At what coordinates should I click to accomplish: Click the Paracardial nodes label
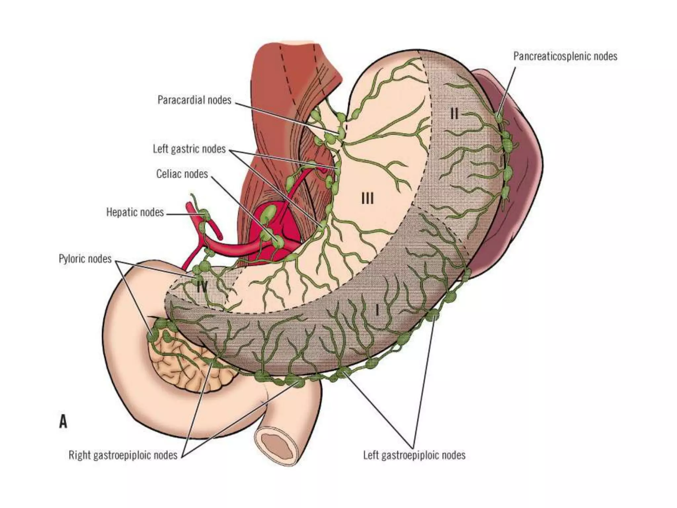(194, 100)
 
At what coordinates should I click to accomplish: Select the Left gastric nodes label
(189, 149)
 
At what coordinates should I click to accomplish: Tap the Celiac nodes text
(182, 174)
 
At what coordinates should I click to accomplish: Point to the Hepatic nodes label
(135, 212)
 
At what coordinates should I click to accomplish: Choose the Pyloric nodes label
(85, 259)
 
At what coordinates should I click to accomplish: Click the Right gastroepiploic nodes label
(123, 455)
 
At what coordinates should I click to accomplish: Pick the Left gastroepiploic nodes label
(414, 455)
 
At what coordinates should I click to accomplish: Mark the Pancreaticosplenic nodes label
(565, 56)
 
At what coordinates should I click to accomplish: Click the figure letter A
(63, 422)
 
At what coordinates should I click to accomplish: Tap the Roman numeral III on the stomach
(368, 199)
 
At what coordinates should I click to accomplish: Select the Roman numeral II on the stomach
(454, 114)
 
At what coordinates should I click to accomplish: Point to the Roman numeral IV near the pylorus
(202, 286)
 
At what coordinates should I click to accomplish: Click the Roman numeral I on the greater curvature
(377, 310)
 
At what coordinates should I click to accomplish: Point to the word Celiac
(169, 174)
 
